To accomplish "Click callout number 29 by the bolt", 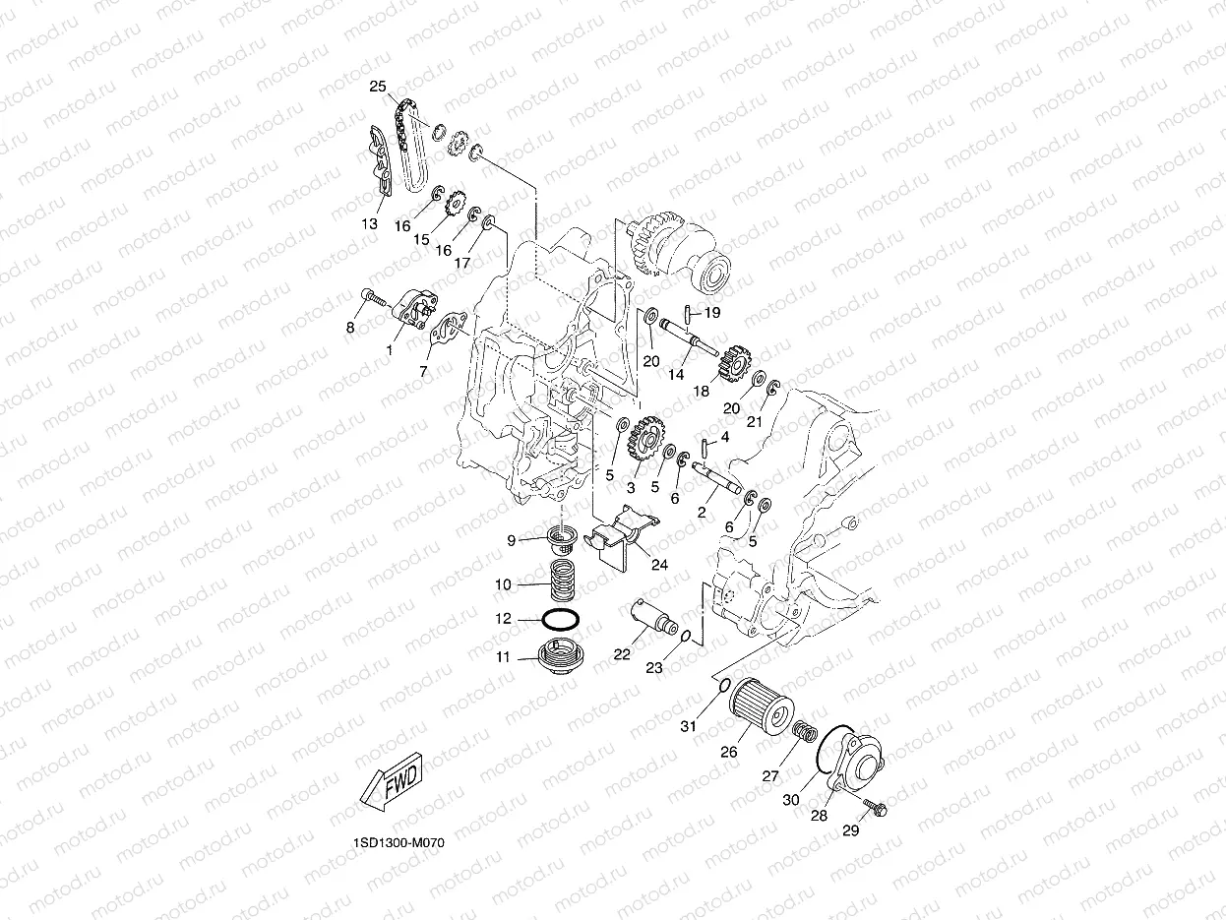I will (x=850, y=830).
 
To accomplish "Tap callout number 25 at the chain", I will (x=377, y=87).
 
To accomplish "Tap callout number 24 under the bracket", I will (x=658, y=565).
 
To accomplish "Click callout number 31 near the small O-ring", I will (x=688, y=726).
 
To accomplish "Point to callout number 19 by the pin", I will (x=711, y=312).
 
